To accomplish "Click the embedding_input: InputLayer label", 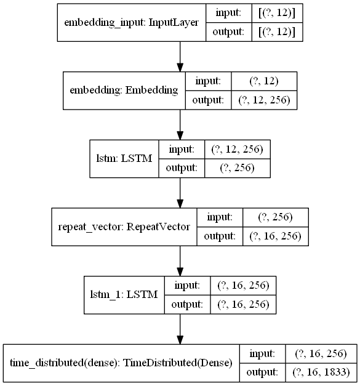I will [x=132, y=23].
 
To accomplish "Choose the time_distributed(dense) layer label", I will [x=121, y=363].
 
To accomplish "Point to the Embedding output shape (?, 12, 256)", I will [x=263, y=99].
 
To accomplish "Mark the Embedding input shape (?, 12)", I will [x=263, y=81].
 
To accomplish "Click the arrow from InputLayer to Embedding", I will [x=180, y=57].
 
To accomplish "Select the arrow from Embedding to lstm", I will [x=180, y=125].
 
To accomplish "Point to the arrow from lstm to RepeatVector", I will [x=180, y=193].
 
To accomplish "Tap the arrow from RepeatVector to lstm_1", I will [x=180, y=262].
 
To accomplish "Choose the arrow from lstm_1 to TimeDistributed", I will [x=180, y=330].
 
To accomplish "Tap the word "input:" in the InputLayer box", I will [x=231, y=14].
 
